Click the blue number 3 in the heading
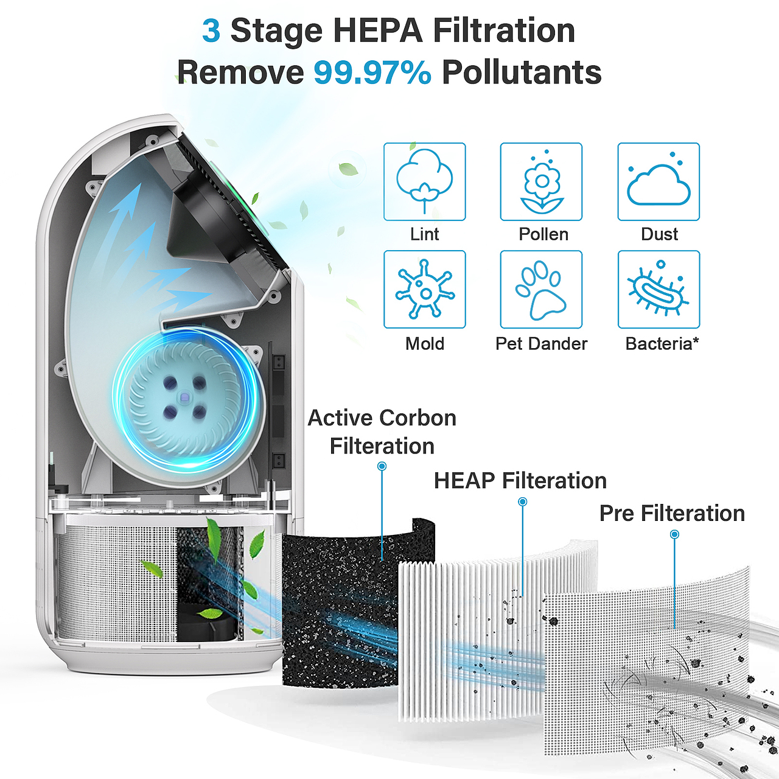(211, 30)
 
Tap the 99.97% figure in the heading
(372, 72)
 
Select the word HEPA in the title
(378, 30)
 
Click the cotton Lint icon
(424, 181)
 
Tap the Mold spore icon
(424, 289)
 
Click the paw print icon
(541, 289)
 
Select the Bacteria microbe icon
(658, 289)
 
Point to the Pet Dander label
(541, 344)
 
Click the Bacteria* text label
(662, 344)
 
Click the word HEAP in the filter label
(464, 481)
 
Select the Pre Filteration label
(672, 514)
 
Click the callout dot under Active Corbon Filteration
(382, 467)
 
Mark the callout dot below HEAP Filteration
(522, 501)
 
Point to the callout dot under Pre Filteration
(674, 534)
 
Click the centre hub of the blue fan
(184, 397)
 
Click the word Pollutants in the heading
(522, 72)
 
